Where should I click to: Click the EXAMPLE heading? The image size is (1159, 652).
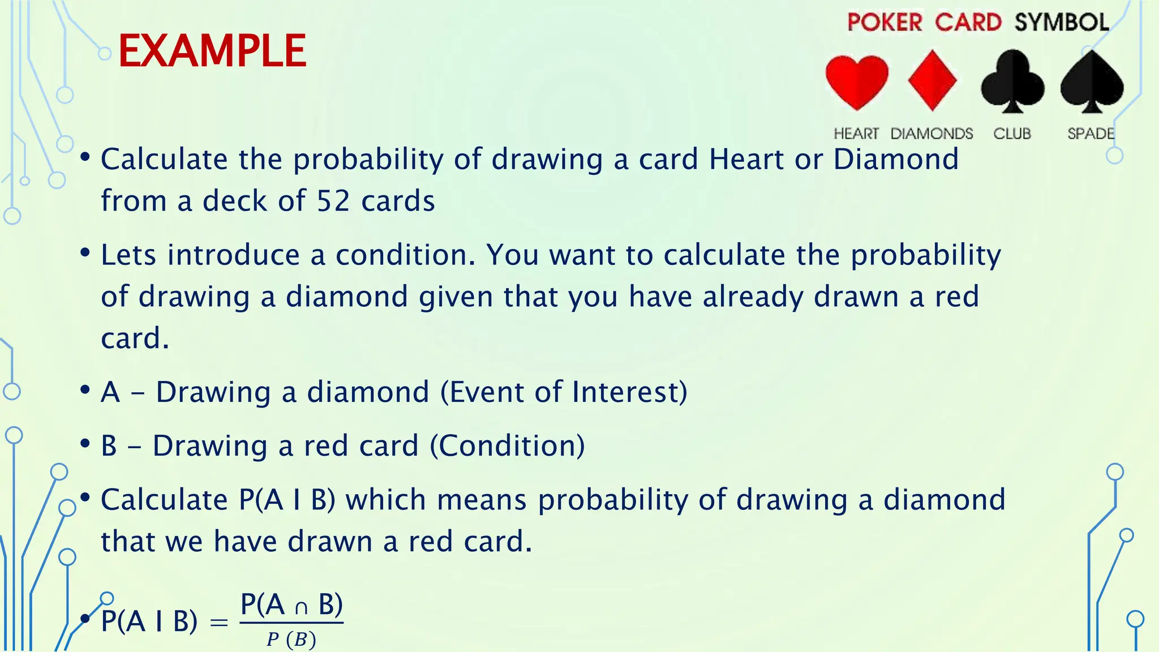pyautogui.click(x=212, y=51)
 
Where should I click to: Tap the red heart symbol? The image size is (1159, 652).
pyautogui.click(x=857, y=81)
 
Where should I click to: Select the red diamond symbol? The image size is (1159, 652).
pyautogui.click(x=932, y=80)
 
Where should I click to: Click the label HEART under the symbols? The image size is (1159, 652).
pyautogui.click(x=856, y=134)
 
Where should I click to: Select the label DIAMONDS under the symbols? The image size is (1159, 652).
pyautogui.click(x=932, y=134)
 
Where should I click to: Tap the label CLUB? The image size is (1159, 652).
pyautogui.click(x=1012, y=134)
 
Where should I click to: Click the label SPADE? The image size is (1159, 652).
pyautogui.click(x=1091, y=134)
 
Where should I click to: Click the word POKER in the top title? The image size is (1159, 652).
pyautogui.click(x=885, y=23)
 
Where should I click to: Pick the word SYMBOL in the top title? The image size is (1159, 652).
pyautogui.click(x=1062, y=23)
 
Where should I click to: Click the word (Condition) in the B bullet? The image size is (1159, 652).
pyautogui.click(x=507, y=445)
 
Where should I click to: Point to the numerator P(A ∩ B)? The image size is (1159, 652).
pyautogui.click(x=291, y=604)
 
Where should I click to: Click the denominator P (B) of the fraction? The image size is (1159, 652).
pyautogui.click(x=291, y=640)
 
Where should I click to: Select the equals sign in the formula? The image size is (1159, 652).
pyautogui.click(x=219, y=623)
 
